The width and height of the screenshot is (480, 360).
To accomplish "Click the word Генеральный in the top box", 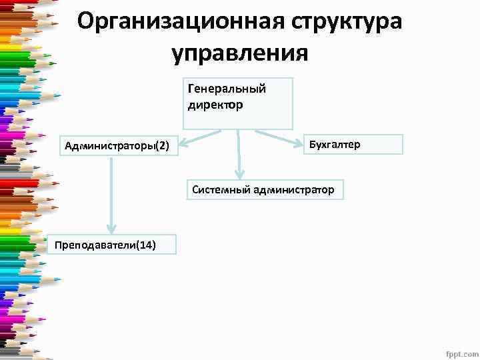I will (x=227, y=89).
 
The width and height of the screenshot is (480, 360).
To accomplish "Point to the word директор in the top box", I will (x=215, y=104).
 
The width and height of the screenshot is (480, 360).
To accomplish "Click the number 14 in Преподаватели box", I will (x=145, y=245).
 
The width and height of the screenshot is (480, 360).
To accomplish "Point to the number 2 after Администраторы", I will (x=163, y=145).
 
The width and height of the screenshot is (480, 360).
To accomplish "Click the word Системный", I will (x=221, y=190).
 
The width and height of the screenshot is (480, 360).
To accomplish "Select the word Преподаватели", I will (x=93, y=245).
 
